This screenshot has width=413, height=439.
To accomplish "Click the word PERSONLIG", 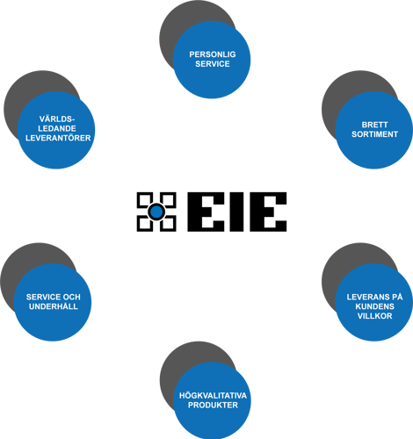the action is click(213, 54).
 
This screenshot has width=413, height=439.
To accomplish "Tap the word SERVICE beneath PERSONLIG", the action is click(213, 64).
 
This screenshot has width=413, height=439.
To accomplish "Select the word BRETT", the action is click(374, 125).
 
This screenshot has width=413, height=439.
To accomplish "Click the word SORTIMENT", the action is click(374, 134).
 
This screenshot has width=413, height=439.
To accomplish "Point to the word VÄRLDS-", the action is click(57, 119).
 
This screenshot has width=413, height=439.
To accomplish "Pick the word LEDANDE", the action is click(57, 128).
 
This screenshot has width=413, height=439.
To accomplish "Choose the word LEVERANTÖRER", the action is click(58, 138).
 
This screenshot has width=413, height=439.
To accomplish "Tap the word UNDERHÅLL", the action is click(54, 306).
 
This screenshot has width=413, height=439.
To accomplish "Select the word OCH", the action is click(71, 297).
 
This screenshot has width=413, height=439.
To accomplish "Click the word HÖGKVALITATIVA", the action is click(213, 396).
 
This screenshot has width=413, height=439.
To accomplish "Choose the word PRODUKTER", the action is click(213, 405).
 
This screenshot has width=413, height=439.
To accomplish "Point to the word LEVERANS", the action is click(367, 297).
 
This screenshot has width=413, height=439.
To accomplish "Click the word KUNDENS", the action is click(374, 306).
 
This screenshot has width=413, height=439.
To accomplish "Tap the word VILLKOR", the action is click(374, 316).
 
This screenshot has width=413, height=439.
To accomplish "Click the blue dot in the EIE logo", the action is click(156, 212).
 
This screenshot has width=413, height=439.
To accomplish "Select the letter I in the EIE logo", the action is click(236, 212).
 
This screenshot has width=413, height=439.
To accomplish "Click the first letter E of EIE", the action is click(206, 212).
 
